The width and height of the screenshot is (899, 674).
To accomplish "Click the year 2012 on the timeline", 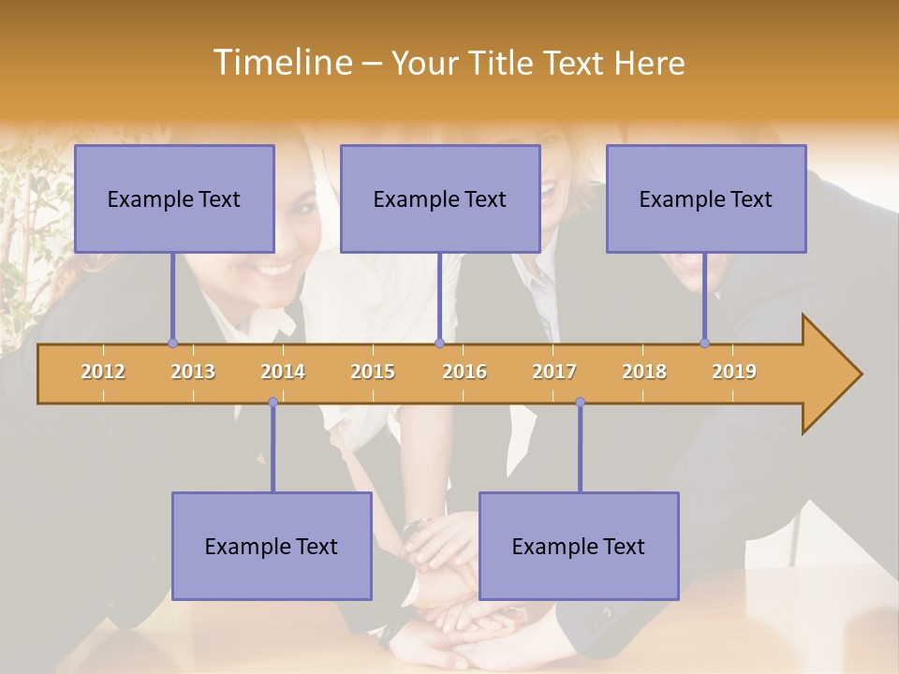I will point(103,372).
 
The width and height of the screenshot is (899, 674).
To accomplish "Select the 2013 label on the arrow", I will point(193,372).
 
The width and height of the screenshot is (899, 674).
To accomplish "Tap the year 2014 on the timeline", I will point(283,372).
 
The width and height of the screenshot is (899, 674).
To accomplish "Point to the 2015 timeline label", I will point(373,372).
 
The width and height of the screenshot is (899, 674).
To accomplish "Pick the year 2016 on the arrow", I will point(464,372).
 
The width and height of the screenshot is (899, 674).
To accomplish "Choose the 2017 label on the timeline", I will point(554,372).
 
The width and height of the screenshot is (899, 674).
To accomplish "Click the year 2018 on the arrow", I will point(644,372).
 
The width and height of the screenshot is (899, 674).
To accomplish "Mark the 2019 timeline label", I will point(734,372).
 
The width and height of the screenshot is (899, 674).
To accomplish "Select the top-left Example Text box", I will point(174,198).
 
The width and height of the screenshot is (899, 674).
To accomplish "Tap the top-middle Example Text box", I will point(440,198).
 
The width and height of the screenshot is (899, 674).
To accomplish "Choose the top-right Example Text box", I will point(706,198).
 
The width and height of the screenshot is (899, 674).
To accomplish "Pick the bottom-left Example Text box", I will point(272,546).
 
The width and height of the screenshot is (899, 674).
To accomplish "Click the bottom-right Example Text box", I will point(579,546).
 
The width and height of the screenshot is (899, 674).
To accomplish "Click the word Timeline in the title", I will point(281,63).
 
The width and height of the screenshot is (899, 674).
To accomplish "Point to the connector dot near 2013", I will point(172,343).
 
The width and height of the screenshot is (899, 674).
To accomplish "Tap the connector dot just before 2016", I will point(439,343).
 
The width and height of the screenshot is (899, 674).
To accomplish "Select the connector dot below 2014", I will point(273,402).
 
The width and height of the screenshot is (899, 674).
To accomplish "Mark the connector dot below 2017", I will point(580,402).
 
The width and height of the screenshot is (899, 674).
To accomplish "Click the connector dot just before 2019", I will point(704,343).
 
